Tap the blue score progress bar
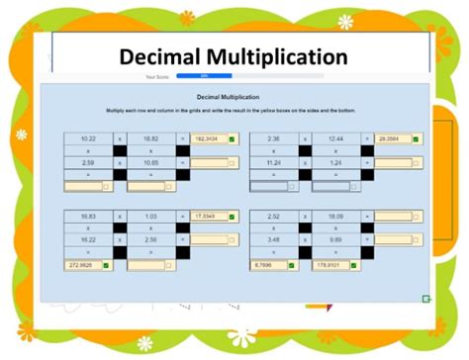(x=205, y=75)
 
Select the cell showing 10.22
(x=87, y=139)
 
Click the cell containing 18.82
(x=151, y=139)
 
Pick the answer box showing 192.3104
(x=210, y=139)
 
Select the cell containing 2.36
(x=274, y=139)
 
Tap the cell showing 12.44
(x=337, y=139)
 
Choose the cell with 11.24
(x=274, y=161)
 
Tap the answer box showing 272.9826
(x=82, y=265)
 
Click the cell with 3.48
(x=274, y=238)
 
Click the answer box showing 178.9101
(x=330, y=265)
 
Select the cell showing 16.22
(x=87, y=238)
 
